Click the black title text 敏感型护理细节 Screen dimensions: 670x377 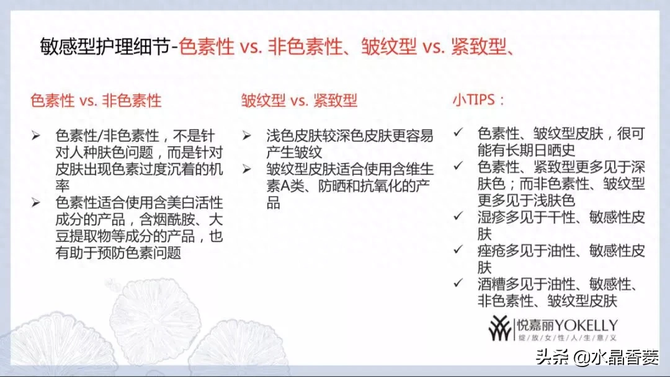point(105,46)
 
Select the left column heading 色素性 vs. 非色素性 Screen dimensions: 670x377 point(96,101)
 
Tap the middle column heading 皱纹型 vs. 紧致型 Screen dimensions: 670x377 point(299,101)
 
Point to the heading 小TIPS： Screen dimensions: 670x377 point(478,100)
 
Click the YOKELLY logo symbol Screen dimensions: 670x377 point(501,328)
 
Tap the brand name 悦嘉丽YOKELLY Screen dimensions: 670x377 point(567,326)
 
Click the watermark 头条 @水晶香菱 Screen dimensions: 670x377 point(597,357)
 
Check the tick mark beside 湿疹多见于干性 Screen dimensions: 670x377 point(458,216)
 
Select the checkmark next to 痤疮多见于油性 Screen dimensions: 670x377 point(458,249)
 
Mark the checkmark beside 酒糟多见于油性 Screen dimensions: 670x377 point(458,283)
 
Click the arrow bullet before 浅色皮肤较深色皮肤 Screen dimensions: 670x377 point(246,136)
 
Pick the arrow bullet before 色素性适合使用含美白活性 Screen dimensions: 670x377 point(36,202)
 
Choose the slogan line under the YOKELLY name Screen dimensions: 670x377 point(568,338)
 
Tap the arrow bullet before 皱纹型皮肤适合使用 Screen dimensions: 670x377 point(246,169)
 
